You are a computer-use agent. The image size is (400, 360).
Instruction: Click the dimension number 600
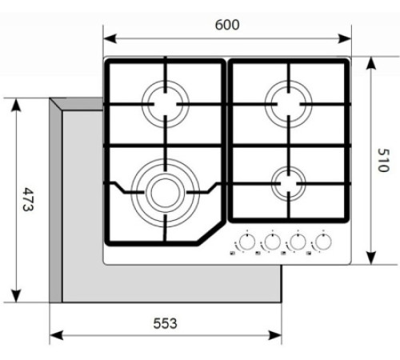(x=227, y=25)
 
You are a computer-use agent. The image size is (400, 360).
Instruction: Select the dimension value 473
(x=27, y=200)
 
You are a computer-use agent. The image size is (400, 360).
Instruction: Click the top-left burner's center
(x=166, y=102)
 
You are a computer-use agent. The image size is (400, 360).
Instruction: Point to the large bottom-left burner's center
(x=163, y=192)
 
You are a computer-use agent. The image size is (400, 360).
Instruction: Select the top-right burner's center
(x=288, y=102)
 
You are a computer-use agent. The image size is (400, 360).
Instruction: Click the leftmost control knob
(x=247, y=241)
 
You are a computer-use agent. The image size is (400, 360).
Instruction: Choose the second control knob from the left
(x=273, y=241)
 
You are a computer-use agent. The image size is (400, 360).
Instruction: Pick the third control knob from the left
(x=298, y=241)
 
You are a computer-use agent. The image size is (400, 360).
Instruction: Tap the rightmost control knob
(x=324, y=241)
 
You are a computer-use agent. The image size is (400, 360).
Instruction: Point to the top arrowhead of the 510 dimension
(x=370, y=62)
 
